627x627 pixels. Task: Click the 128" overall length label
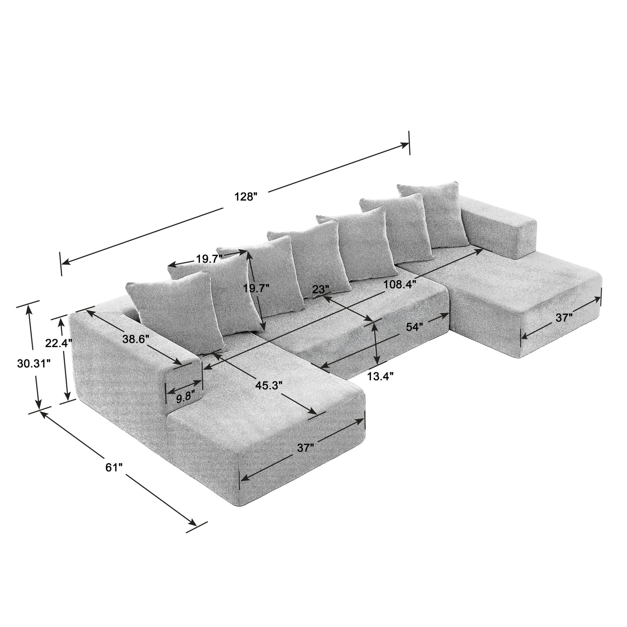246,196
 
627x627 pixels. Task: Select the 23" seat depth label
321,289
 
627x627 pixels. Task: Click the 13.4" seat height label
380,376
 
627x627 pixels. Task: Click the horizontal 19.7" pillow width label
209,259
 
